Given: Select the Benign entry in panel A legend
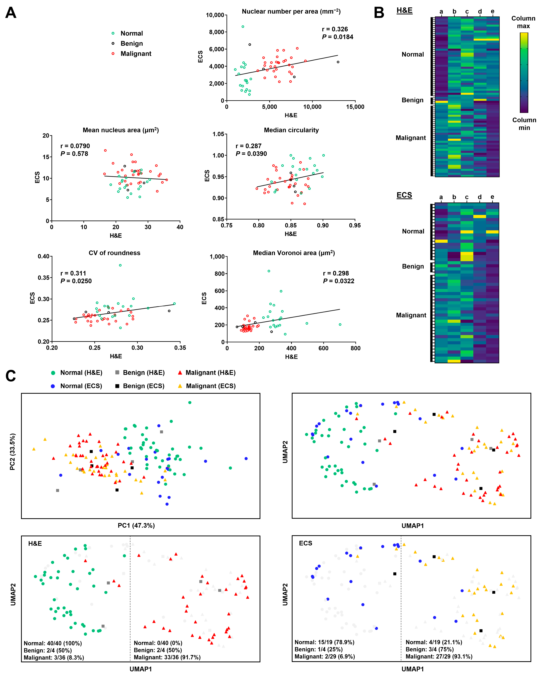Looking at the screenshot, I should [x=131, y=44].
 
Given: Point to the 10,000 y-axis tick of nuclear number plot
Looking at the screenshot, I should [x=215, y=15].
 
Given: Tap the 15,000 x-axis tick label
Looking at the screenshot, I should [x=355, y=107].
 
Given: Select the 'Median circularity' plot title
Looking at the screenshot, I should [x=291, y=130].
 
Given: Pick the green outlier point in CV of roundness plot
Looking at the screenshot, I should [x=120, y=265].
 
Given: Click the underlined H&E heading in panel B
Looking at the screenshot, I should [x=404, y=10].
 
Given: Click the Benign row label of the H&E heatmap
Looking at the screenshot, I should [x=412, y=100].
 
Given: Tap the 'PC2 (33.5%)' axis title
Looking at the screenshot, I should [x=13, y=452].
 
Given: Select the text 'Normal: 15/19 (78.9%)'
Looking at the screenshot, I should [x=324, y=642].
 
